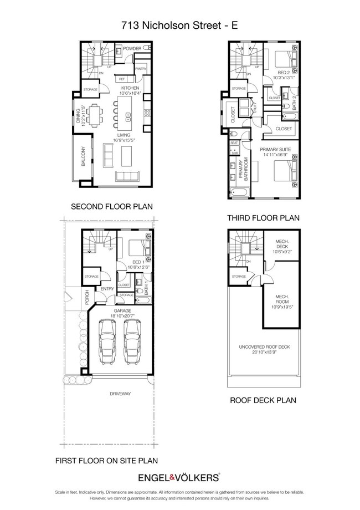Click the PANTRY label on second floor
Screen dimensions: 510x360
click(140, 69)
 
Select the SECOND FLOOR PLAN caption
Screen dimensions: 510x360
click(111, 207)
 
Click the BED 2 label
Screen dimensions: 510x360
click(284, 73)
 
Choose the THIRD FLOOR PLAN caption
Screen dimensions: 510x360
click(263, 218)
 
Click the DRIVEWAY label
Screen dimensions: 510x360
click(119, 394)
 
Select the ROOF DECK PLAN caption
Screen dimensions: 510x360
click(263, 400)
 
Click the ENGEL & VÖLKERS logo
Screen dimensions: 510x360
click(180, 477)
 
